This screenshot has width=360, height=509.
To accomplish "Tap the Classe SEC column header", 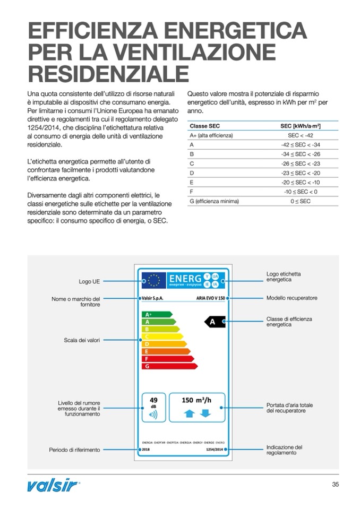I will coord(204,126).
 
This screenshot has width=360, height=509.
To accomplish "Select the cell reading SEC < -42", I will coord(301,135).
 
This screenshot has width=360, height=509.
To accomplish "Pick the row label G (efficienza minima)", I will coord(214,201).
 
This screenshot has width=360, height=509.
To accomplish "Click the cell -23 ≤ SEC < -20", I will coord(301,173).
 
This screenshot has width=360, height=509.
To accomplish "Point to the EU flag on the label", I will coord(154,280).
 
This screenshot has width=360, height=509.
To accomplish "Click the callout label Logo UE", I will coord(89,281).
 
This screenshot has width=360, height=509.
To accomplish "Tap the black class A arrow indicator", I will coord(215,322).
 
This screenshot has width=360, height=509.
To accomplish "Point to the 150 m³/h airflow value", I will coord(196,400).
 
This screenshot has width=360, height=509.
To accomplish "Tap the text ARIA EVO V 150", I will coord(210,298).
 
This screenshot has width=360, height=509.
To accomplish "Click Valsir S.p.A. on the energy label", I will coord(153,298).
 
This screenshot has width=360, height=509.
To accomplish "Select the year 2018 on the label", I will coord(147,449).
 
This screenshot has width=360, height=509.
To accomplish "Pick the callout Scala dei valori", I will coord(82,340).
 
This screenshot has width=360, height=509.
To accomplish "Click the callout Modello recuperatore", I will coord(292,298).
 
